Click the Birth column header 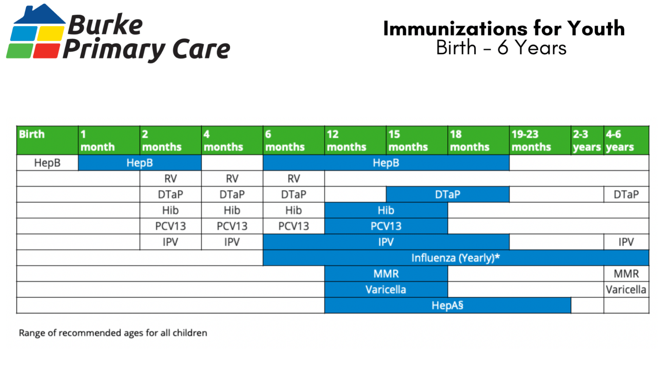(x=47, y=140)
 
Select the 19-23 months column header (x=539, y=140)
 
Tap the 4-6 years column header (x=626, y=140)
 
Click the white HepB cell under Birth (x=47, y=163)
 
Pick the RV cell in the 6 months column (x=294, y=179)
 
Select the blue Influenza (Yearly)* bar (x=455, y=258)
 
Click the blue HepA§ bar (x=447, y=306)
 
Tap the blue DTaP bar (x=447, y=194)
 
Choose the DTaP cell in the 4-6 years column (x=626, y=194)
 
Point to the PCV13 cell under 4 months (x=232, y=226)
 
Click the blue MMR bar (x=386, y=274)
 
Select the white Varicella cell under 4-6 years (x=626, y=290)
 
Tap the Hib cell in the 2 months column (x=170, y=210)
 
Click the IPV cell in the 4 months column (x=232, y=242)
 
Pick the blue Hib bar (x=386, y=210)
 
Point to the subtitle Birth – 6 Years (x=501, y=48)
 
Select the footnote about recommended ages (x=113, y=333)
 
